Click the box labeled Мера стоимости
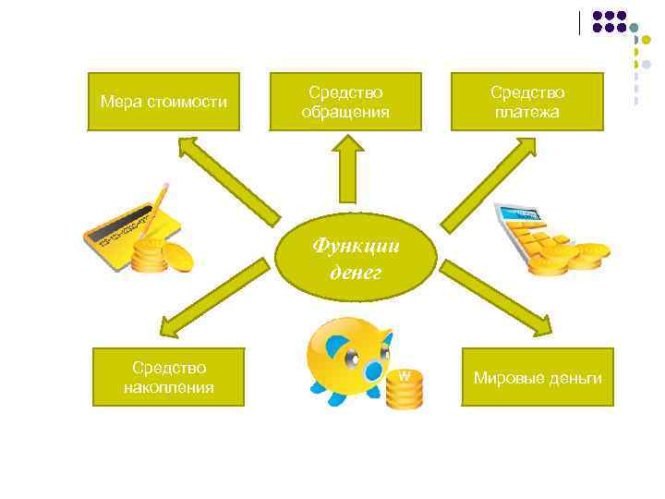pos(163,102)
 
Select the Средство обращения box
pos(345,102)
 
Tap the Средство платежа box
pos(526,102)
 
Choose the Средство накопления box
pos(168,377)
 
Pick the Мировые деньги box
pos(537,377)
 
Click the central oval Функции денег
pos(355,259)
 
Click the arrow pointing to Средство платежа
pos(490,180)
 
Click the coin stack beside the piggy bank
pos(404,388)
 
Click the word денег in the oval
pos(355,273)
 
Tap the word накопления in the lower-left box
pos(168,387)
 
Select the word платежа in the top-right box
pos(526,112)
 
